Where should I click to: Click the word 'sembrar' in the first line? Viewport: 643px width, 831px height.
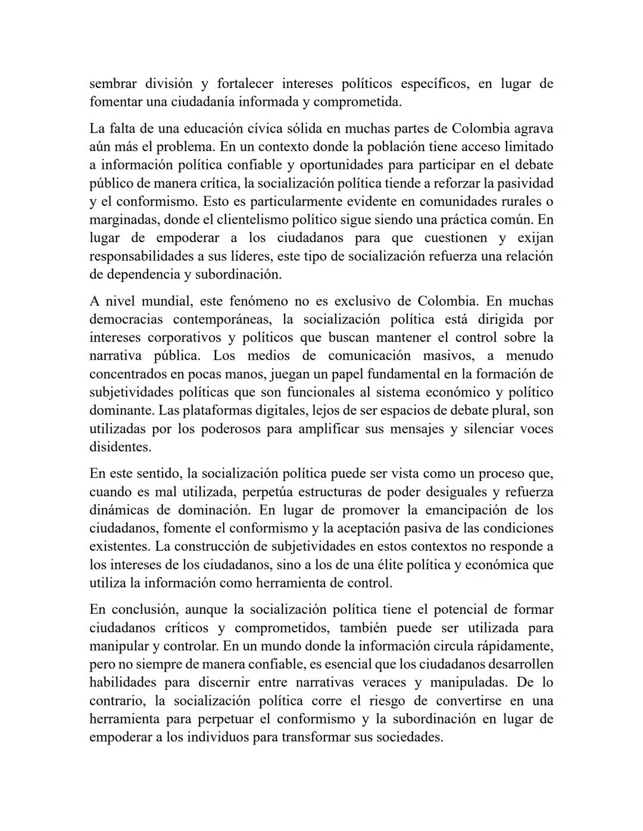click(111, 84)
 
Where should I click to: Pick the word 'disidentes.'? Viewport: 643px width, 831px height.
click(120, 447)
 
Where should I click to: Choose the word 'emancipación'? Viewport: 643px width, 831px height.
click(466, 510)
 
